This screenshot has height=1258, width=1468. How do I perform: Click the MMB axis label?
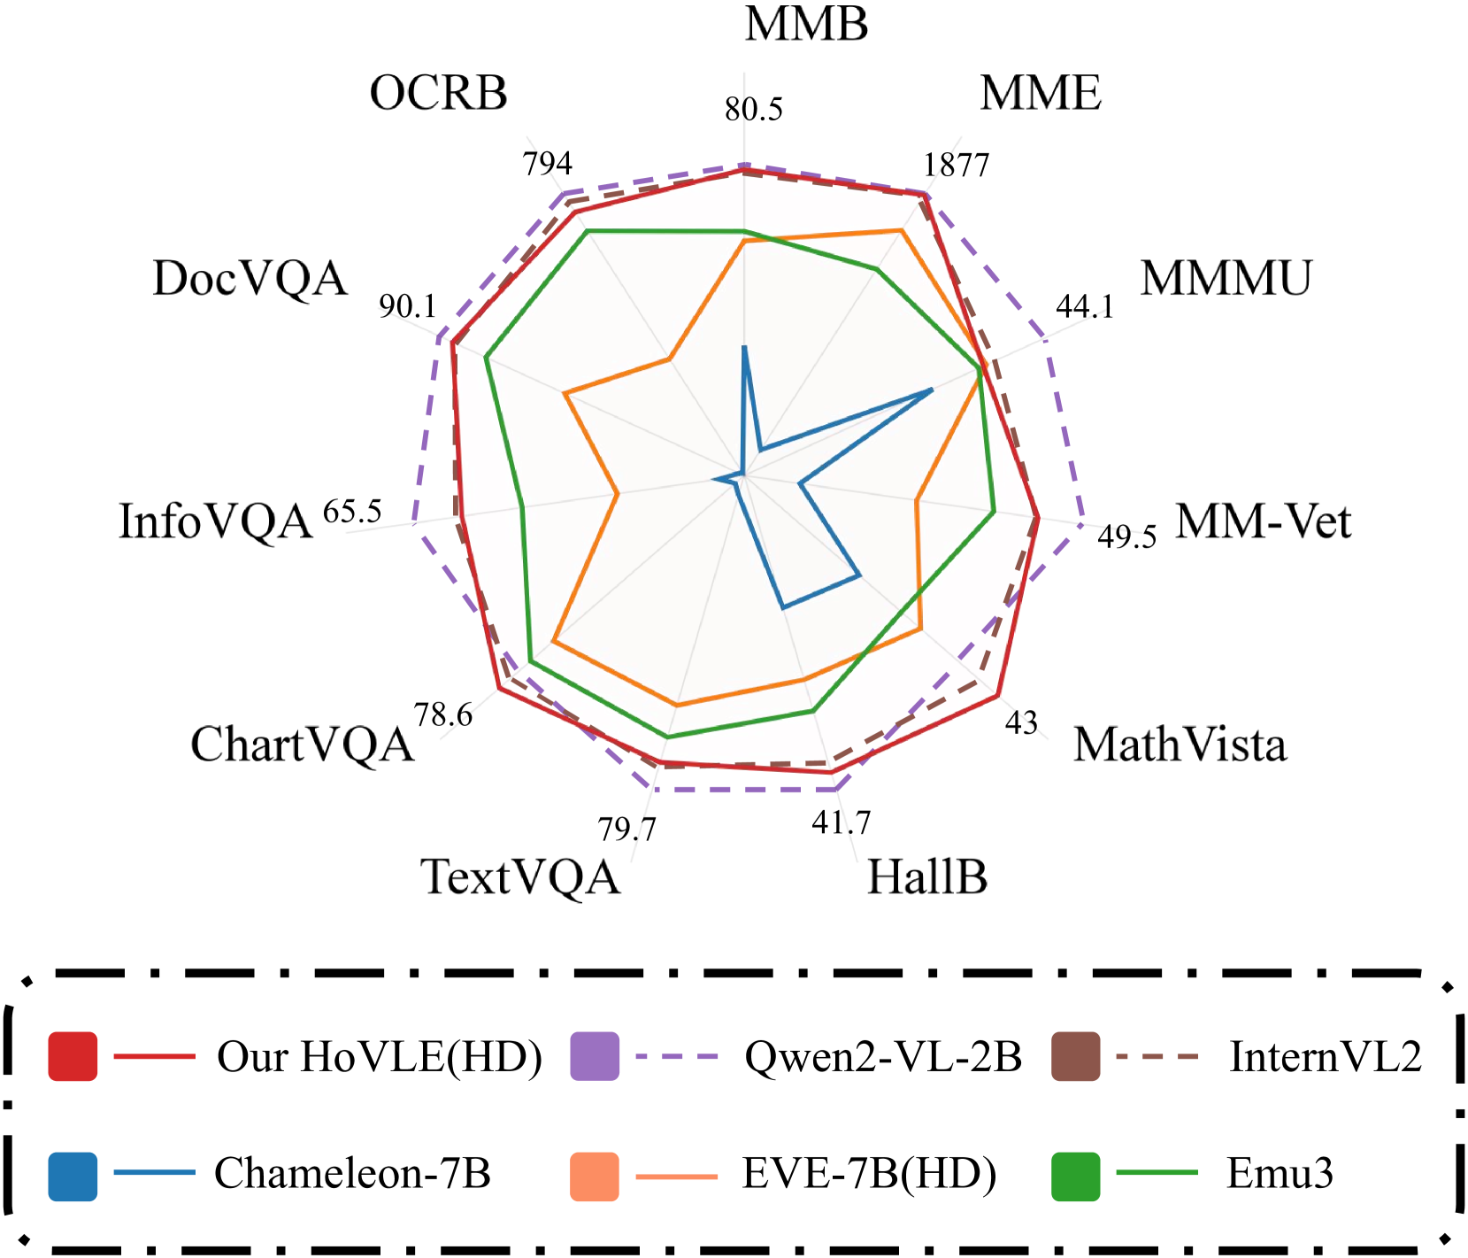click(806, 25)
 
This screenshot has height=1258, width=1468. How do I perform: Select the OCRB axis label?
click(438, 94)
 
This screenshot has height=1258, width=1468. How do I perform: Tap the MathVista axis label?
click(1180, 745)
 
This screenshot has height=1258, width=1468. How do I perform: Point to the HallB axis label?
click(926, 877)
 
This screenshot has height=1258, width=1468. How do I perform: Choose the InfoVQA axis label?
click(216, 521)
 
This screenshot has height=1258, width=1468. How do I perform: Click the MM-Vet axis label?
click(1263, 521)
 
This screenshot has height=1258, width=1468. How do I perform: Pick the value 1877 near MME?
click(956, 165)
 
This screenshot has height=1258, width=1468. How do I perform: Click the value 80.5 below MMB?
click(754, 110)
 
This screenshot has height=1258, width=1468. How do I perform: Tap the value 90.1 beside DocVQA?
click(408, 306)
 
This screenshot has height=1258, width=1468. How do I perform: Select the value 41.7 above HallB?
click(841, 823)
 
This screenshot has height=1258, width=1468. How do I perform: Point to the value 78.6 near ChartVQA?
click(443, 714)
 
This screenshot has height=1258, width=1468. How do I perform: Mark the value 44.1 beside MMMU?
click(1085, 306)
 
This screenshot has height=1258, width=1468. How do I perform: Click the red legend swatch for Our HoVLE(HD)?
click(73, 1056)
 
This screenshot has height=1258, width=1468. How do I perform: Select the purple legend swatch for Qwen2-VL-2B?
click(595, 1056)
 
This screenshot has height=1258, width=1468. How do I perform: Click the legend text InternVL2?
click(1325, 1056)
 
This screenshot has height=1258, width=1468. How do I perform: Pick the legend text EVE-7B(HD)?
click(869, 1174)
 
